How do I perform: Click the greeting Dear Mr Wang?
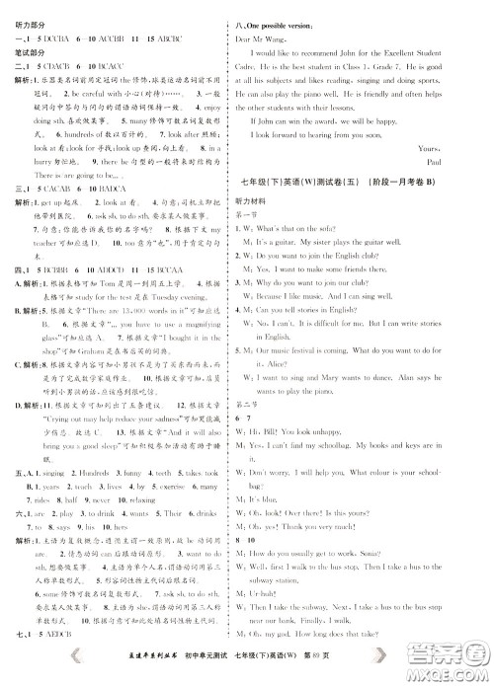pos(279,38)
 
